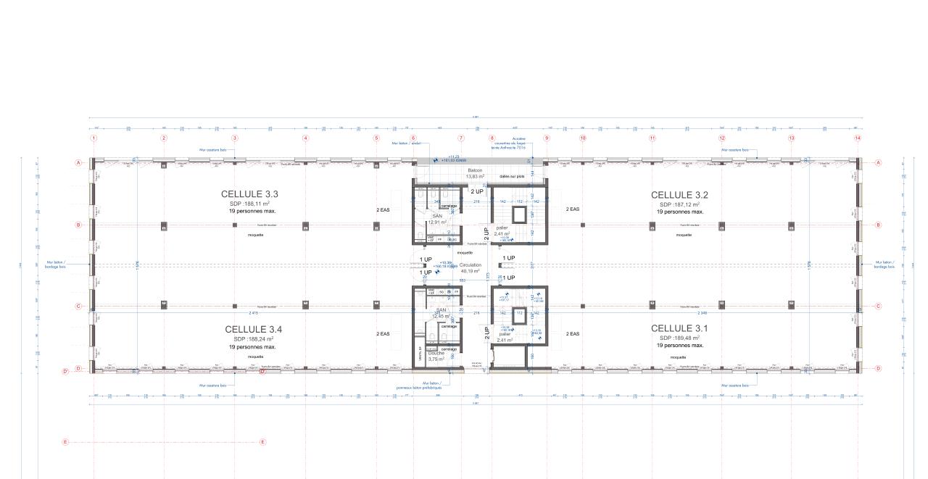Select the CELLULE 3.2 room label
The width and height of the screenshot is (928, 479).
tap(679, 195)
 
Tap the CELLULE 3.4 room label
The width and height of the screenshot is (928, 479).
tap(253, 330)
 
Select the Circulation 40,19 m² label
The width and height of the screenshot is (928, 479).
tap(471, 268)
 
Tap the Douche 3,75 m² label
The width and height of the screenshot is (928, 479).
tap(436, 356)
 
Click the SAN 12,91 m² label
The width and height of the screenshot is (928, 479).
tap(438, 220)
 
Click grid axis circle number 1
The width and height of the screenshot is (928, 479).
tap(94, 138)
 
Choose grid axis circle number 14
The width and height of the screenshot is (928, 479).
tap(858, 138)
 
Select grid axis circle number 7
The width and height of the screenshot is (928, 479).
tap(460, 138)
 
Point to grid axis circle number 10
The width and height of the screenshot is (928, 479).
tap(582, 138)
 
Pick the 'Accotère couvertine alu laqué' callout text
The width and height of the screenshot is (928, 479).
tap(519, 142)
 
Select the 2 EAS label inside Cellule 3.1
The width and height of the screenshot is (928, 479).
tap(573, 334)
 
